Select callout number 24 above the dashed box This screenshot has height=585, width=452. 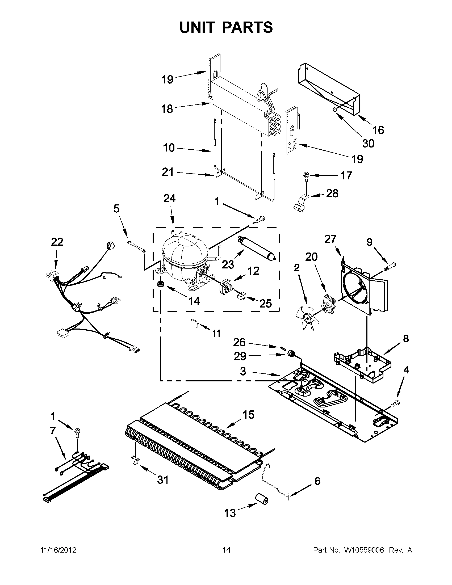169,199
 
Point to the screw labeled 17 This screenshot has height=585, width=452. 305,176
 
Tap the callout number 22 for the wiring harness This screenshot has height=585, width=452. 57,242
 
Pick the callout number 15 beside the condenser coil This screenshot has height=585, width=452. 248,415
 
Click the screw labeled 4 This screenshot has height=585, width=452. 396,410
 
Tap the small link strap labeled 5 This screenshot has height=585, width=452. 137,247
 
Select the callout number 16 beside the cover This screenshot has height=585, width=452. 378,130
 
